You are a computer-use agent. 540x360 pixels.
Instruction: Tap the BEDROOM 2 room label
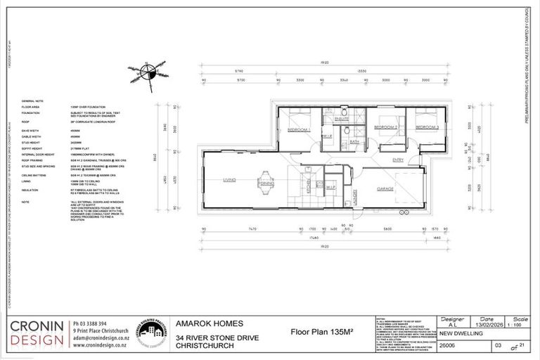[x=386, y=127]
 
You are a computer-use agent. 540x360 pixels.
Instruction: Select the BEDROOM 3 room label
[x=427, y=127]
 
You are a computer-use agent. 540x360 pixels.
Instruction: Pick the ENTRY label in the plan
[x=397, y=160]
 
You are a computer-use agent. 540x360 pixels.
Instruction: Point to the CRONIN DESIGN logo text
[x=36, y=335]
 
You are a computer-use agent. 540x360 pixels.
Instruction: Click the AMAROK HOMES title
[x=210, y=323]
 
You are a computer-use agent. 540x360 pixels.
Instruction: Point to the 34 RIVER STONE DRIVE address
[x=219, y=339]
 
